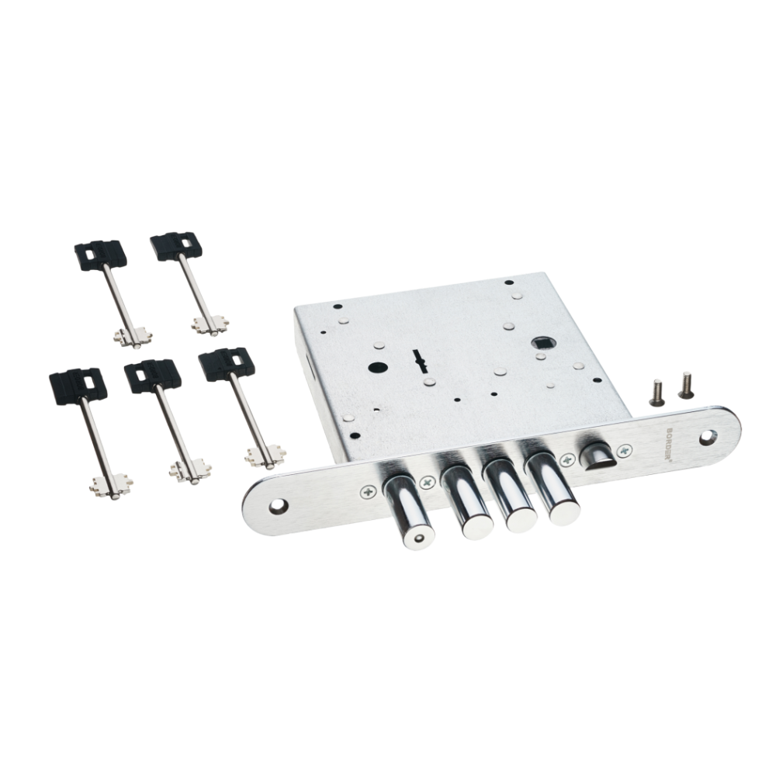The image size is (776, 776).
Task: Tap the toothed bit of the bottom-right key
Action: tap(265, 456)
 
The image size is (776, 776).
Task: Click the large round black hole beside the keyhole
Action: tap(378, 368)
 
